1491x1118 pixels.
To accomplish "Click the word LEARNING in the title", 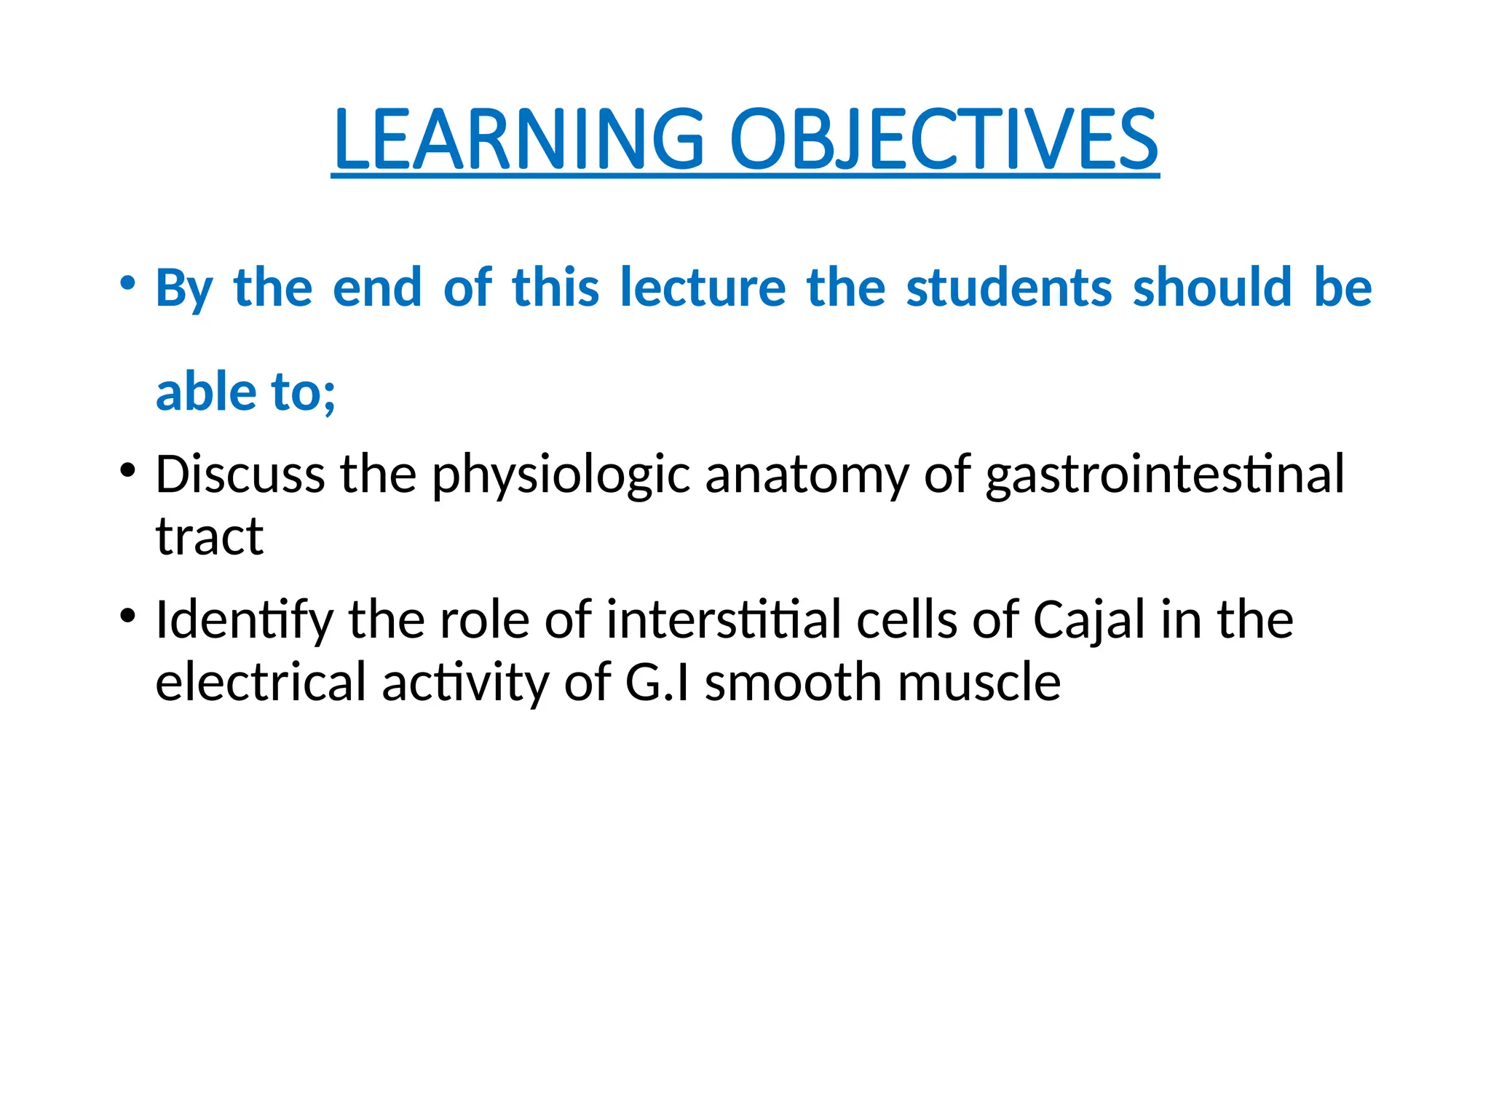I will (519, 139).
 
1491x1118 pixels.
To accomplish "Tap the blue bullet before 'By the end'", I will (128, 282).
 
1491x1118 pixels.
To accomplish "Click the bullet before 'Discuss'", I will (128, 470).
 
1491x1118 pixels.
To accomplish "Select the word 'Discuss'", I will (240, 475).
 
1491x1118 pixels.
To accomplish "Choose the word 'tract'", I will (210, 536).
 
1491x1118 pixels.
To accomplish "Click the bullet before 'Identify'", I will (128, 616).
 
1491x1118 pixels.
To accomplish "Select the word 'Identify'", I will (244, 621).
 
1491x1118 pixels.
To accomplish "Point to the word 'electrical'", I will (261, 682).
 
